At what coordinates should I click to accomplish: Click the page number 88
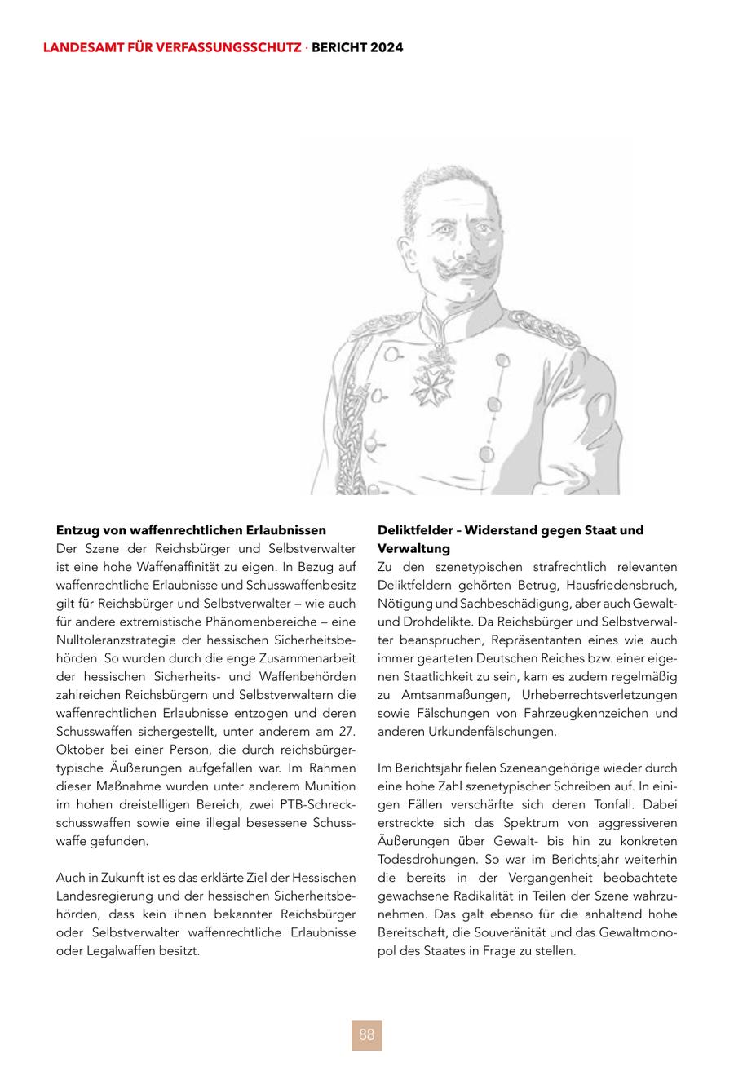coord(366,1035)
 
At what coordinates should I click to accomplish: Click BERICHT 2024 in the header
coord(357,48)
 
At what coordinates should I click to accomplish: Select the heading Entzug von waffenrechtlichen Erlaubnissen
coord(191,530)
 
